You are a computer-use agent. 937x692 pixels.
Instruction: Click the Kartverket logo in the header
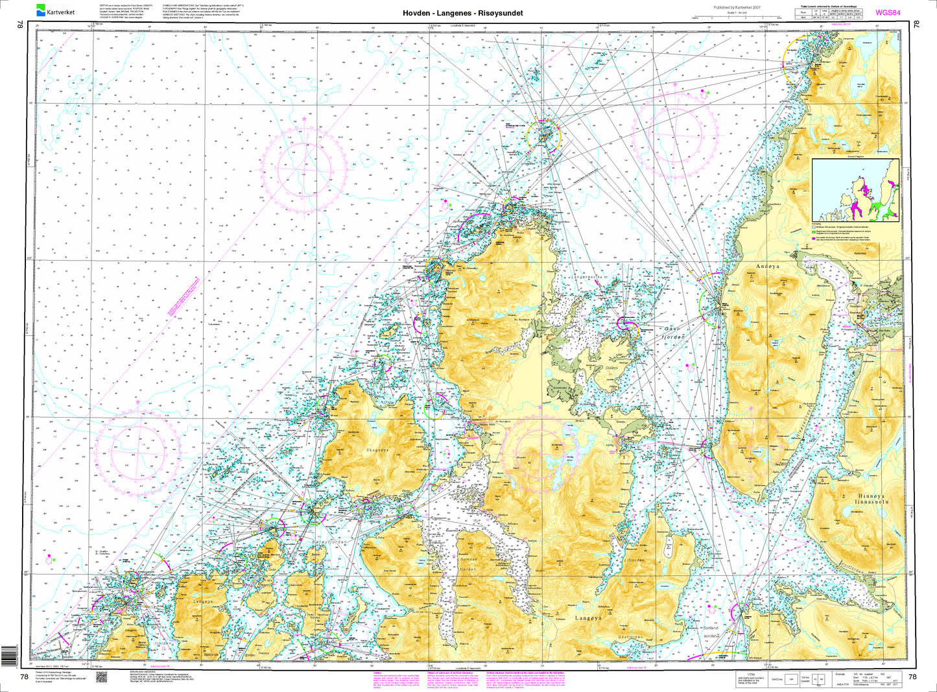56,10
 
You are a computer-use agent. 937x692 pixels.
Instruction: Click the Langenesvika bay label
587,276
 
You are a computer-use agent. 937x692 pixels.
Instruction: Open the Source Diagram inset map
857,189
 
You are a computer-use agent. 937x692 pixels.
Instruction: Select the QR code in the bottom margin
101,676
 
